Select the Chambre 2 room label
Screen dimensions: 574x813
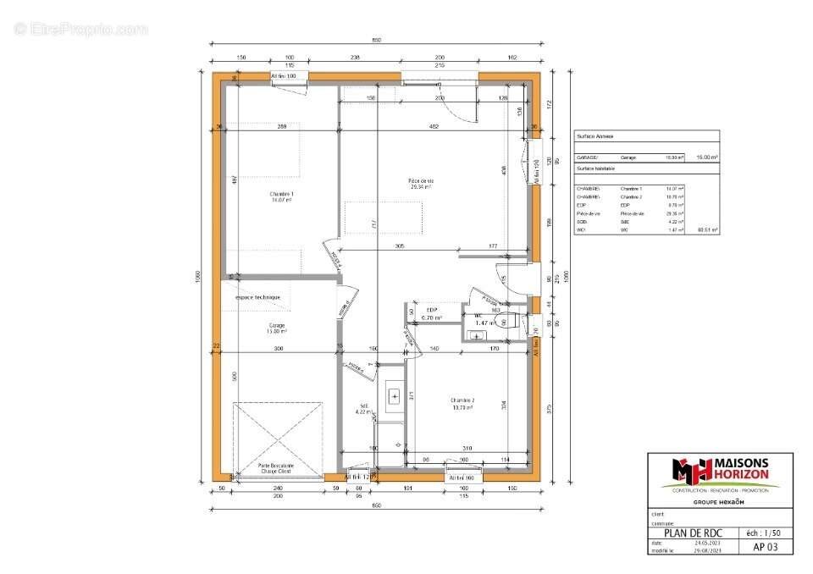pos(462,404)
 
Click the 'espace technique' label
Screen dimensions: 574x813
pos(257,298)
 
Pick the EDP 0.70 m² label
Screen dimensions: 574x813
pos(433,313)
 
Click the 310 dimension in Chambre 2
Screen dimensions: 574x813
pos(467,447)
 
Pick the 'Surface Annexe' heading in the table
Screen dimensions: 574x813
pos(595,135)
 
